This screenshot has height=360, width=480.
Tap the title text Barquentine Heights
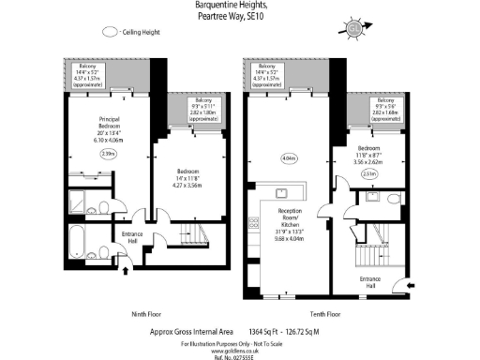click(239, 7)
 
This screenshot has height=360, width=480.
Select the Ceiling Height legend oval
click(110, 31)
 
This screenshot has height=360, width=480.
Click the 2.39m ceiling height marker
click(109, 153)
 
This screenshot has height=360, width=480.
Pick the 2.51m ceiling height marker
click(369, 173)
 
